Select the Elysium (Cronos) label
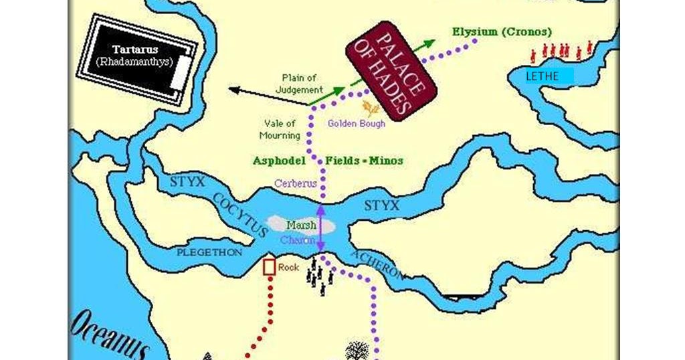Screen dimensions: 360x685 (x=502, y=31)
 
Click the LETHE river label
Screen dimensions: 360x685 (x=542, y=76)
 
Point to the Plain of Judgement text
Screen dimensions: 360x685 (x=302, y=84)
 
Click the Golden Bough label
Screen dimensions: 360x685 (x=356, y=124)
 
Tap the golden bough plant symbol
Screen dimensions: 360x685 (x=371, y=108)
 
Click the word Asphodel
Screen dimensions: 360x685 (x=279, y=161)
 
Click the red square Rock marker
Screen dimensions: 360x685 (x=269, y=267)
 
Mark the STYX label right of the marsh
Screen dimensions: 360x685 (x=381, y=204)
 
